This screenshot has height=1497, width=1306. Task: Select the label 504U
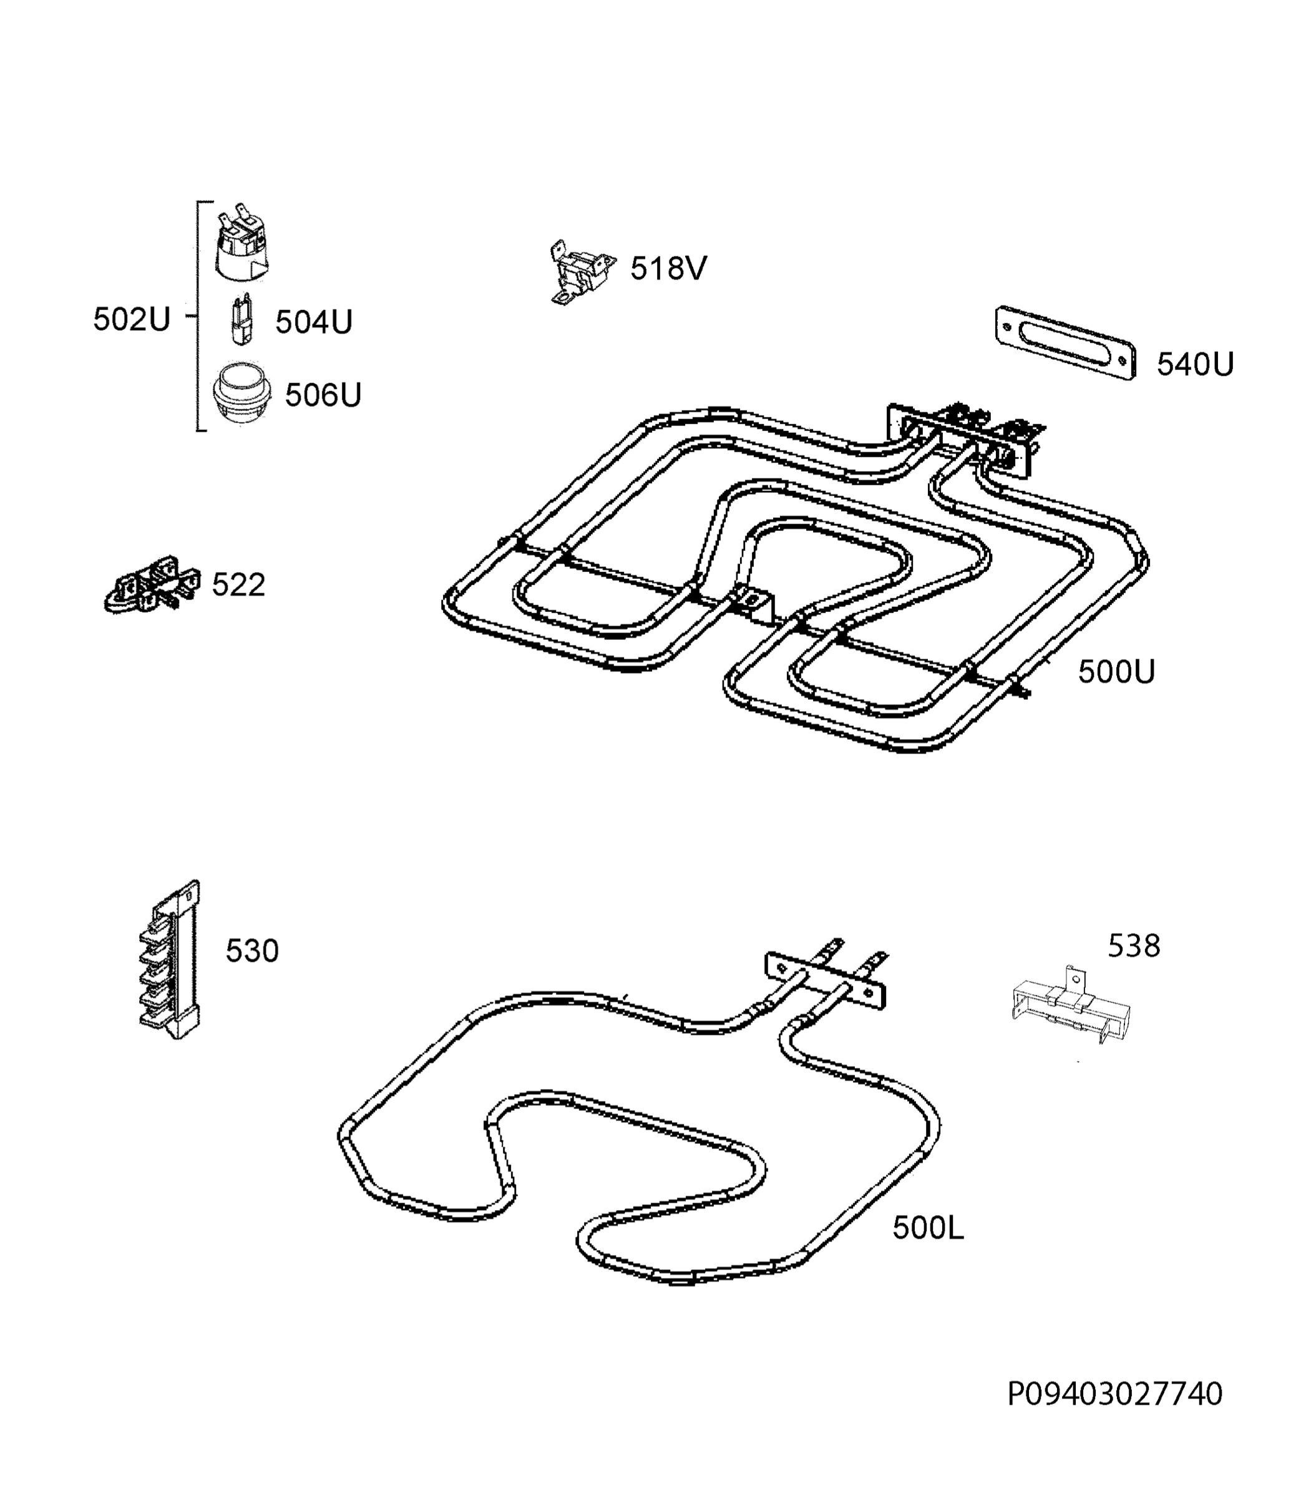pos(313,322)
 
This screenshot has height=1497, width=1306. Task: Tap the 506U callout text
pos(323,395)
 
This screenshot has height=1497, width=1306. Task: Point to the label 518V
pos(668,269)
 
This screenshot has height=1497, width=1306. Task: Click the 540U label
pos(1195,364)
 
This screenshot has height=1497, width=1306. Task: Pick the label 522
pos(238,585)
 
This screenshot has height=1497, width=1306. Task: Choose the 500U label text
pos(1116,672)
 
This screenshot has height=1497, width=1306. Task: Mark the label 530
pos(252,951)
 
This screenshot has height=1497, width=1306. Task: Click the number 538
pos(1134,946)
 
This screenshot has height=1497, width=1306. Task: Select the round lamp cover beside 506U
pos(241,394)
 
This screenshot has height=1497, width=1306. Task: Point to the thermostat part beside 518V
pos(581,272)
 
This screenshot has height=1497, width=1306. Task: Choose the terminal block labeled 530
pos(170,959)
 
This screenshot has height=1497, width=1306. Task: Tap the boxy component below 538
pos(1071,1006)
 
